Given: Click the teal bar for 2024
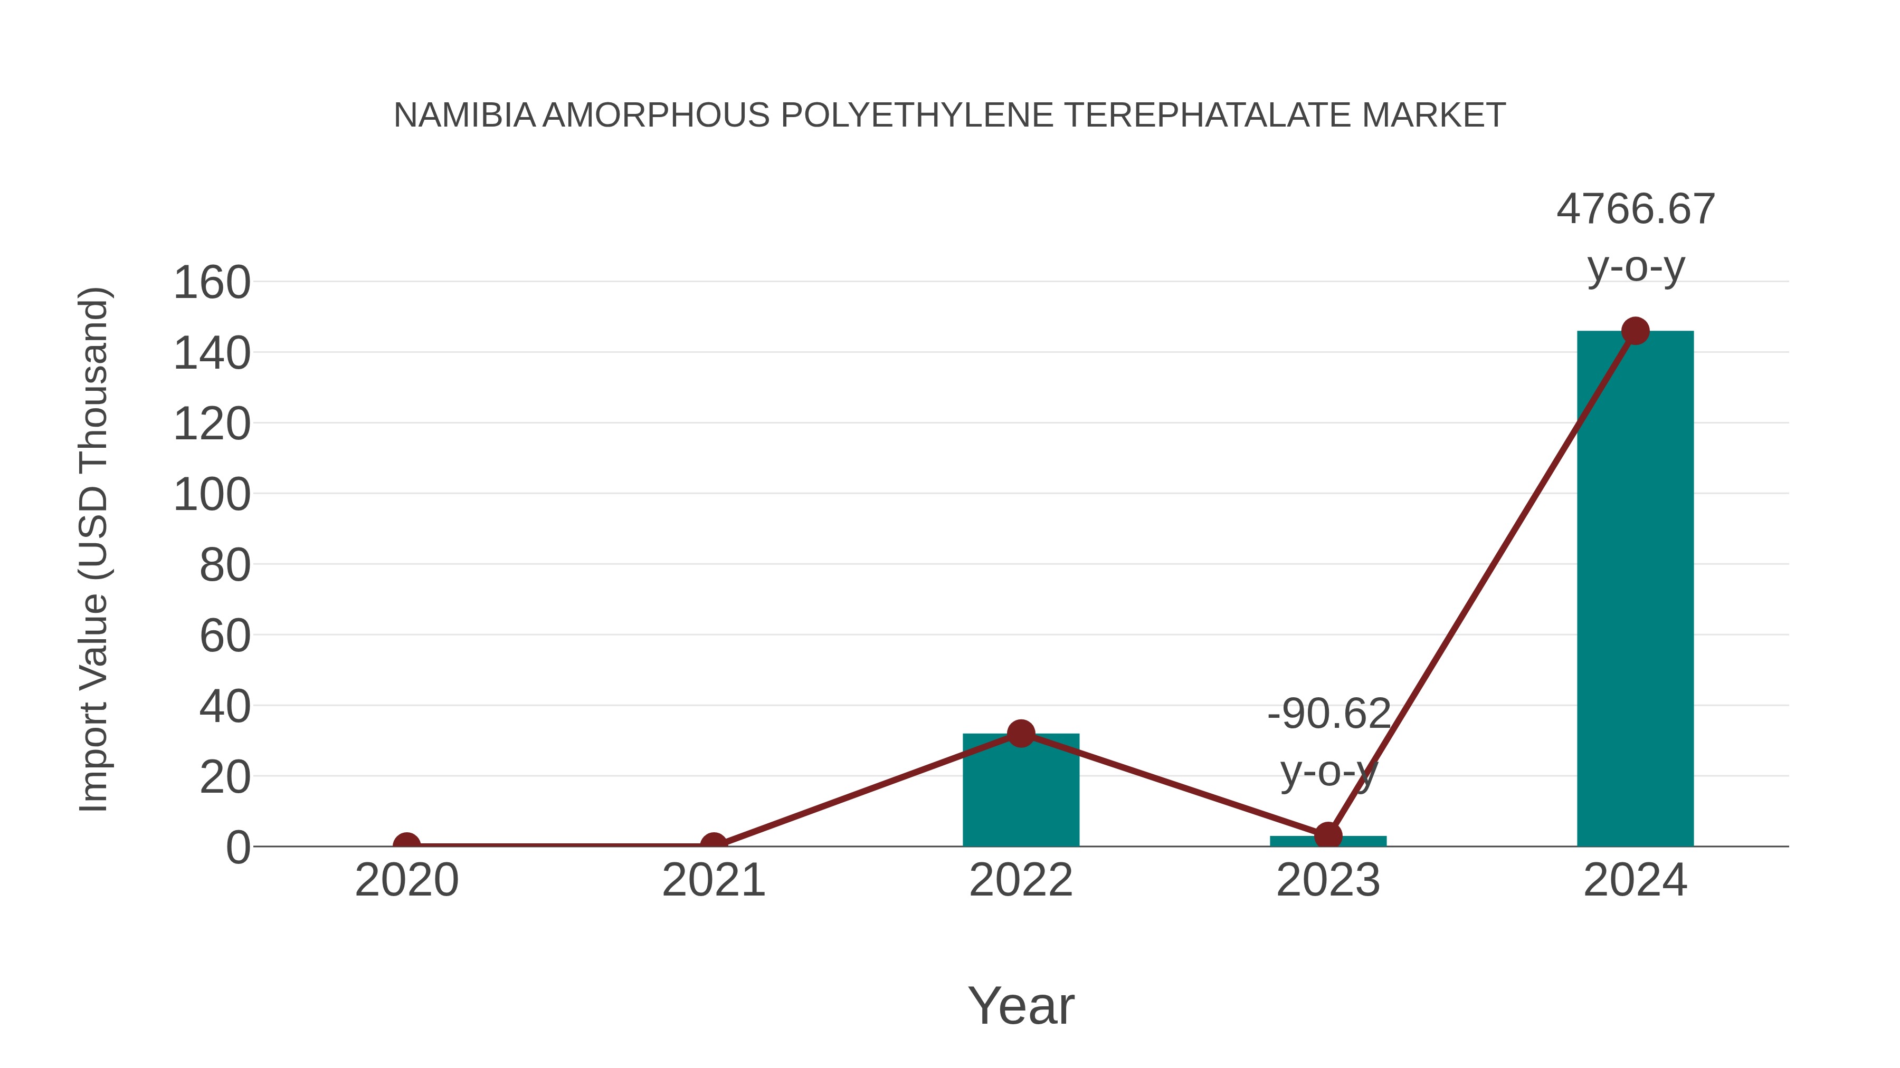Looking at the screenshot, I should pos(1635,590).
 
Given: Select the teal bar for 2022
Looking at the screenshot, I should pos(1021,792).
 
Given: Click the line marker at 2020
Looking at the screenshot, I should pos(406,845).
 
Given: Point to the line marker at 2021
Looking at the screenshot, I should pos(713,845).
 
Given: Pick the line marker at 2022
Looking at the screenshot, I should pos(1021,734).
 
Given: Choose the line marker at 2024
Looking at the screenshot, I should pos(1635,331).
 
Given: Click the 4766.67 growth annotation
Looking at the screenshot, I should pos(1635,209).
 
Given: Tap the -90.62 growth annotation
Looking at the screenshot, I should pos(1328,714).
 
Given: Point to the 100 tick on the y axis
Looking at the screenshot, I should pos(212,495).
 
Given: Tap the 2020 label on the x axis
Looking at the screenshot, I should pos(406,880).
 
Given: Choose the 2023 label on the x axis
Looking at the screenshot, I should pos(1328,880).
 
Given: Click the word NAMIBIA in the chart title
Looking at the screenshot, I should pos(464,116).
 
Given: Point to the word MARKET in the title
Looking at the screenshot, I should pos(1433,116).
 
